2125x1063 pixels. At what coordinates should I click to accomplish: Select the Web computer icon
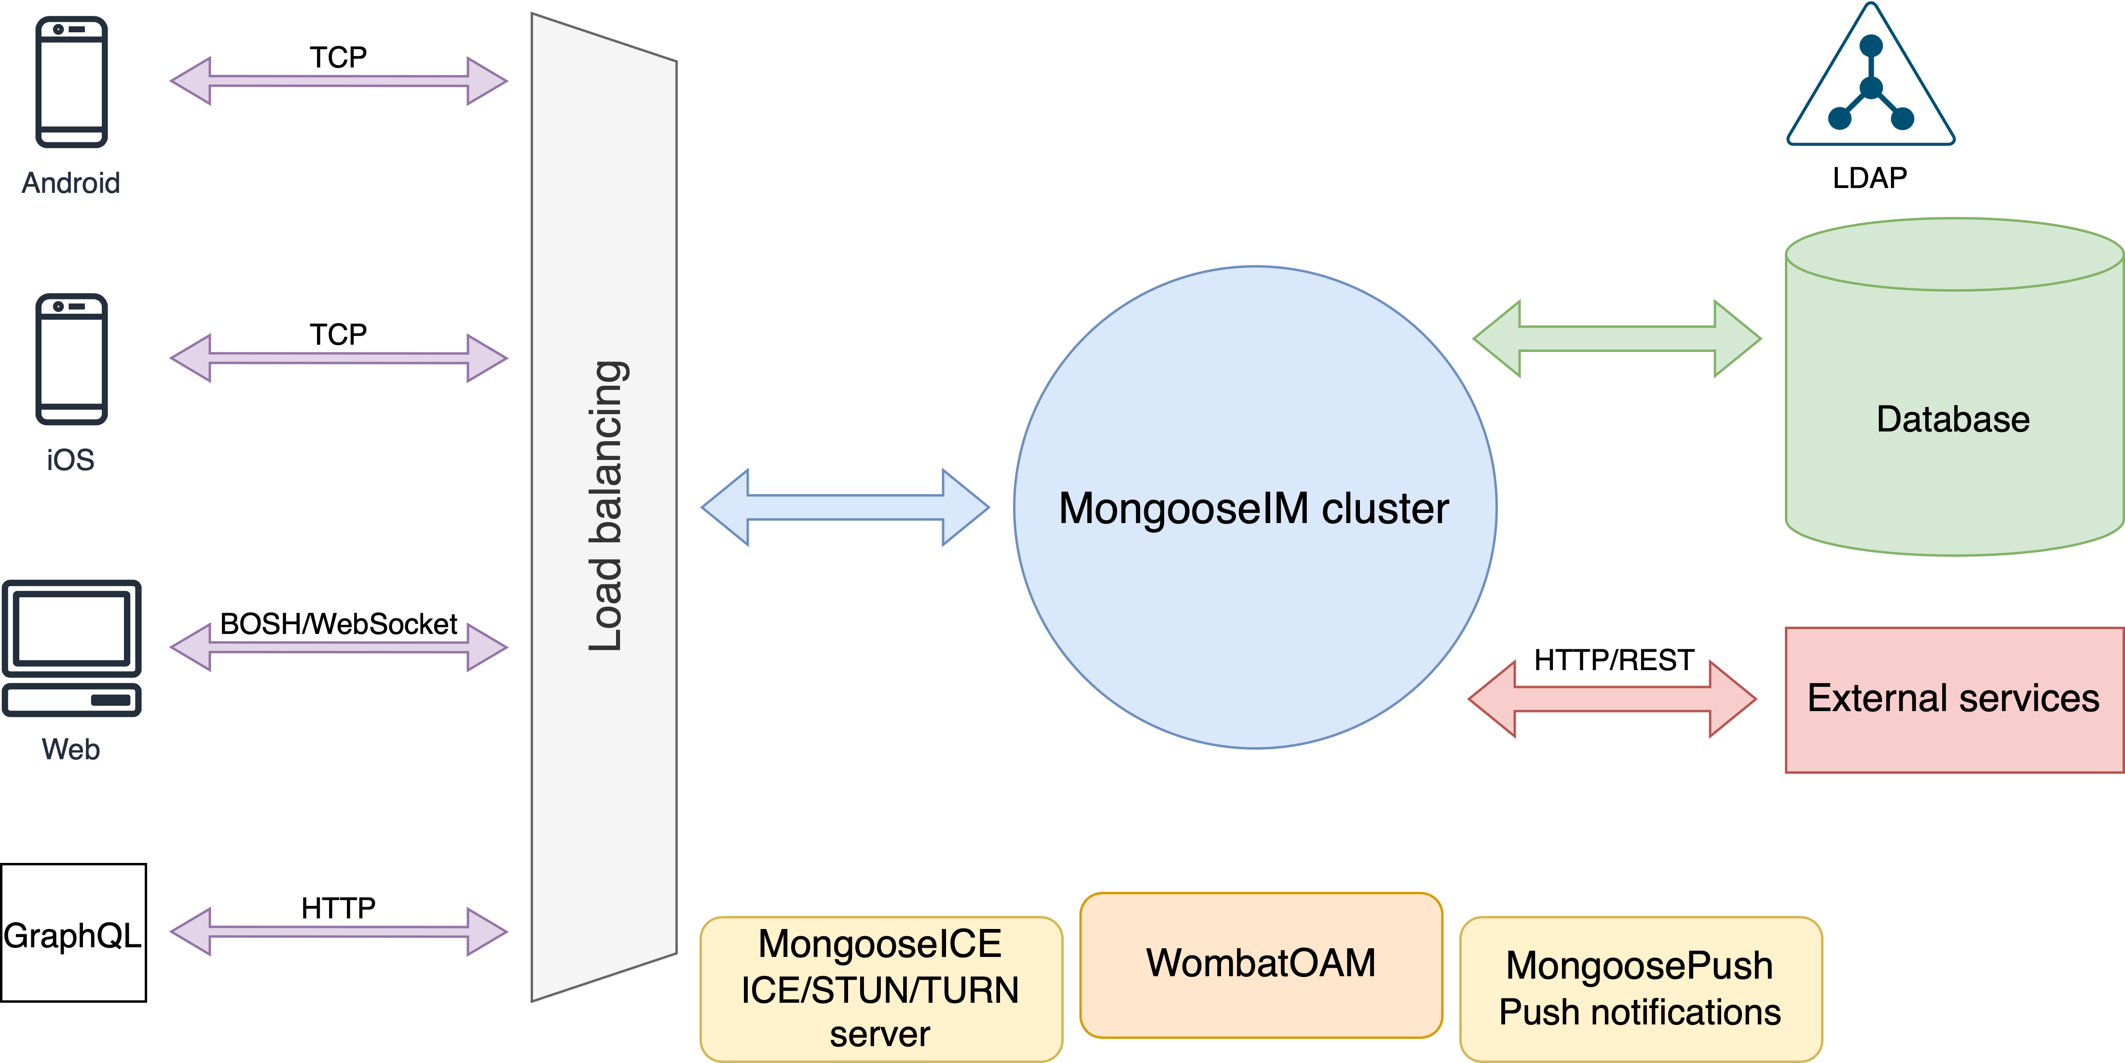(x=72, y=648)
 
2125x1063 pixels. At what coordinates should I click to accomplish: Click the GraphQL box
(x=73, y=933)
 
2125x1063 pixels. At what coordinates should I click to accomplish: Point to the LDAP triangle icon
(x=1871, y=82)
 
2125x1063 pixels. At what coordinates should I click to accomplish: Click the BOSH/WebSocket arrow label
(x=338, y=624)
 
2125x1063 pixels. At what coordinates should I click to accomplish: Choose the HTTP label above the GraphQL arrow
(x=338, y=908)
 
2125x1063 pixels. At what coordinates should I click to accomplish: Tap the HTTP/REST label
(x=1614, y=660)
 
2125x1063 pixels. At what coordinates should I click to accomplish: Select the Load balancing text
(x=606, y=506)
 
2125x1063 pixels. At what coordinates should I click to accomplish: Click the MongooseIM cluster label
(x=1254, y=508)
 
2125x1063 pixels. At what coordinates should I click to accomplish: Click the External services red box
(x=1953, y=700)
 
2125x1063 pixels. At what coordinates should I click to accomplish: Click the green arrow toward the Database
(x=1617, y=339)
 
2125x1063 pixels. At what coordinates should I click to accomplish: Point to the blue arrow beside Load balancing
(x=845, y=507)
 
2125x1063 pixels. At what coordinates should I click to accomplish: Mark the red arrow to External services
(x=1612, y=700)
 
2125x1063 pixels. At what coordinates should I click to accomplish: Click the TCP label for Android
(x=338, y=57)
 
